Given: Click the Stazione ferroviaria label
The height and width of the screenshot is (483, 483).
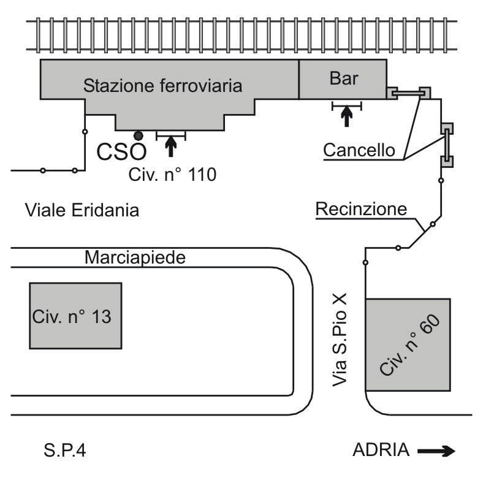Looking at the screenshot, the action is point(162,85).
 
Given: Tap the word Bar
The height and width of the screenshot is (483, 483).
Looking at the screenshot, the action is point(344,78).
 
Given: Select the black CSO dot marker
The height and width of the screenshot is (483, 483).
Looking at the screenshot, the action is point(139,135).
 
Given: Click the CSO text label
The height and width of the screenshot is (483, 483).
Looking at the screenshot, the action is point(121,151).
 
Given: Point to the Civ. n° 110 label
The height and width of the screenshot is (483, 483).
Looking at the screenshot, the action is point(172,175).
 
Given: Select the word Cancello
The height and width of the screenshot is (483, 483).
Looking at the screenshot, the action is point(359,150).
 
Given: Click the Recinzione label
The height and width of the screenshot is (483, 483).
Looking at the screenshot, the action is point(361,209).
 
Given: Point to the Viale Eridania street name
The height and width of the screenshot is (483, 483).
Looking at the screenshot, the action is point(82,210).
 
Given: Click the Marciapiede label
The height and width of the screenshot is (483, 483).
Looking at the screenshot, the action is point(135,257).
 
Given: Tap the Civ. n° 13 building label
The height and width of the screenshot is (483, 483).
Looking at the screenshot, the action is point(72,316).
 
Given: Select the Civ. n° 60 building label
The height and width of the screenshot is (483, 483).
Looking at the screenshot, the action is point(409,345).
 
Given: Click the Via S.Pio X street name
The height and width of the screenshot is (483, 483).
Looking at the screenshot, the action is point(340,340).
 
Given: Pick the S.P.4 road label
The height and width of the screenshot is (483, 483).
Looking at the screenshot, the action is point(65,451).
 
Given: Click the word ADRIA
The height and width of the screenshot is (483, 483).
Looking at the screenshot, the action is point(381,450).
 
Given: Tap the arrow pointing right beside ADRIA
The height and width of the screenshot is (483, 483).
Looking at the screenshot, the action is point(436,451).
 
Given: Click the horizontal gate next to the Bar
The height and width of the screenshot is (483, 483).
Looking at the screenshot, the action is point(408,92).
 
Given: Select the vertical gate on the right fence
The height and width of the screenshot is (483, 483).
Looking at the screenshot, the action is point(447,145).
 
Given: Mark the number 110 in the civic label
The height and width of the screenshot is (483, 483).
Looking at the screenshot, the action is point(202,175).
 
